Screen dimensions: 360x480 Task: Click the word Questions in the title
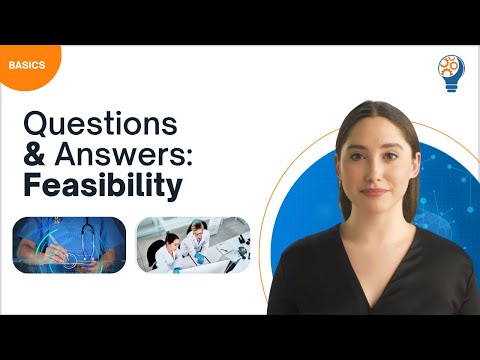100,125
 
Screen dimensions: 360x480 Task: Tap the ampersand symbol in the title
34,156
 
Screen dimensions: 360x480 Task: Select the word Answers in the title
119,156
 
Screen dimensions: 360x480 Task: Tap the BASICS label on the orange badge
25,65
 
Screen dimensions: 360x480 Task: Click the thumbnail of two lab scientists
193,244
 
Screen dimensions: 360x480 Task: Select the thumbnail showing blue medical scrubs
69,244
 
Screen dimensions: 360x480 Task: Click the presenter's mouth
372,191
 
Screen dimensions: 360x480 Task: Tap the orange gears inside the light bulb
451,67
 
